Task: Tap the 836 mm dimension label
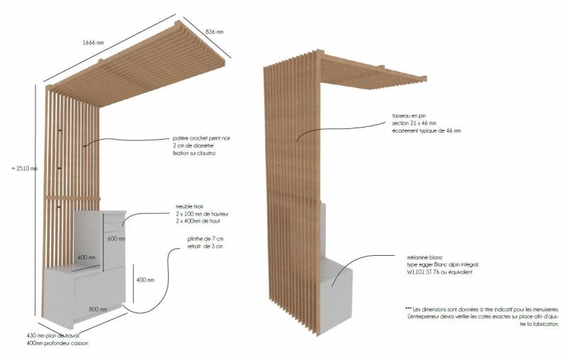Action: pyautogui.click(x=214, y=32)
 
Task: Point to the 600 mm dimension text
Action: pyautogui.click(x=117, y=239)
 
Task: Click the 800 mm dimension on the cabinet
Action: pyautogui.click(x=98, y=309)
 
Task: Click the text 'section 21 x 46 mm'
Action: pyautogui.click(x=416, y=123)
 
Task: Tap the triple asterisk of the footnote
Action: pyautogui.click(x=408, y=309)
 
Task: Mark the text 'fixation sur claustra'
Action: pyautogui.click(x=193, y=153)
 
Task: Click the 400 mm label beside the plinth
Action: pyautogui.click(x=145, y=280)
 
